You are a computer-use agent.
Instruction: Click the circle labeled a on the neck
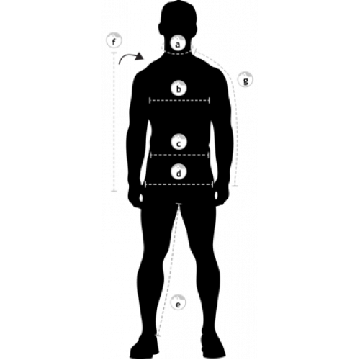[177, 44]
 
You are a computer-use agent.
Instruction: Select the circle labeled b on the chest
[179, 89]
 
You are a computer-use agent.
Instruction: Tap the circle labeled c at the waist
[179, 142]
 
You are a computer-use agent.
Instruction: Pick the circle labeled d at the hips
[179, 172]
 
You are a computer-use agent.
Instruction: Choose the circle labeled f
[114, 40]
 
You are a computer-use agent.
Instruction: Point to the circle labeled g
[245, 79]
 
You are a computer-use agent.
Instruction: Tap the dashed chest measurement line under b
[179, 101]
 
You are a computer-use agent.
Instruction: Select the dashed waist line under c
[179, 155]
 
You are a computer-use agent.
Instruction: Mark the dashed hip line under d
[179, 184]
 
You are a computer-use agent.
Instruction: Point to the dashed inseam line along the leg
[168, 269]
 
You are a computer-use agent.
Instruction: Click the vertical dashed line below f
[114, 122]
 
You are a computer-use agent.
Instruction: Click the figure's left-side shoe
[144, 346]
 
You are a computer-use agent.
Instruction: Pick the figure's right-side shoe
[213, 346]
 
